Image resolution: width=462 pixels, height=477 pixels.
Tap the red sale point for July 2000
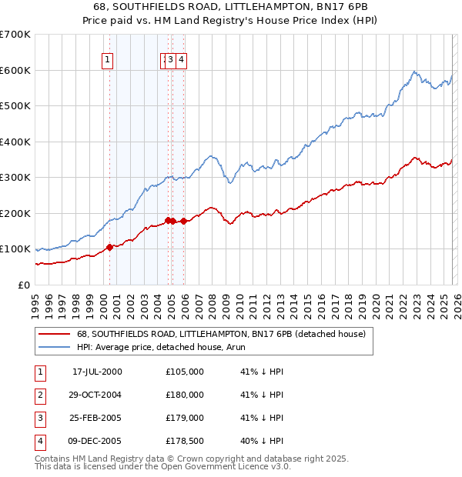[109, 247]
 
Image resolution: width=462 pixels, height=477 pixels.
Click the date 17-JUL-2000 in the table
[97, 371]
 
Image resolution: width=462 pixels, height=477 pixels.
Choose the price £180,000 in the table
[185, 395]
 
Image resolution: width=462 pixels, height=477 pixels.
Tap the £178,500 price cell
[185, 441]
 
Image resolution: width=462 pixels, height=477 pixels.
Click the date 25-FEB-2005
[97, 418]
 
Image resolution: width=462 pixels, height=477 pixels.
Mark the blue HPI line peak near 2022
[414, 72]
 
